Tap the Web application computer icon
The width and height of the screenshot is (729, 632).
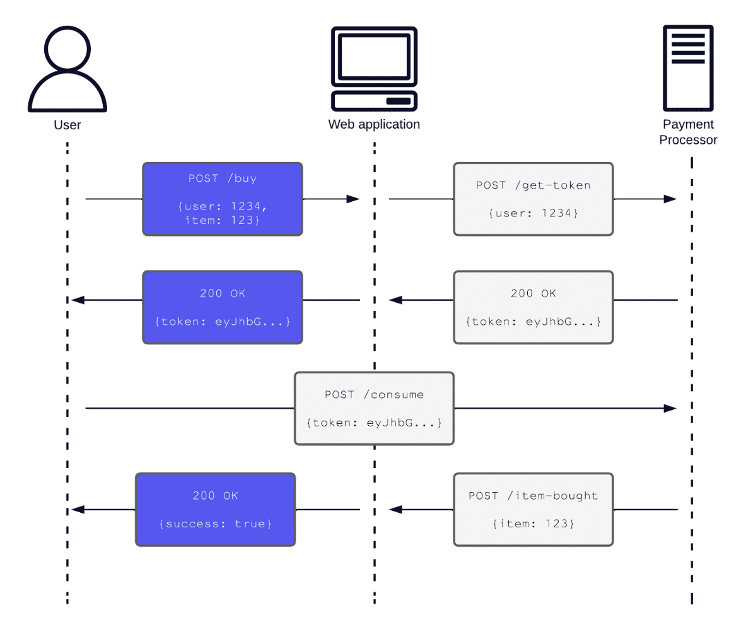[374, 69]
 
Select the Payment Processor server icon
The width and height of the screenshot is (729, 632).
[688, 68]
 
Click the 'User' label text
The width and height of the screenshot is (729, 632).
[67, 125]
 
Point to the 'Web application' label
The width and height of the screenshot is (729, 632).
[374, 125]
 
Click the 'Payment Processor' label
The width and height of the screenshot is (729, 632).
[688, 132]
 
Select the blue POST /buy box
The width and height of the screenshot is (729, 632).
[223, 199]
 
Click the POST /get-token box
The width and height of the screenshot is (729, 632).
[534, 199]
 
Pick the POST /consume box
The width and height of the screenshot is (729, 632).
[374, 408]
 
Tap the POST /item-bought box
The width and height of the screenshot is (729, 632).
[534, 510]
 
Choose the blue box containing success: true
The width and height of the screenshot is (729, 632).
[215, 510]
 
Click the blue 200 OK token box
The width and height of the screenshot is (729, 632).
[223, 307]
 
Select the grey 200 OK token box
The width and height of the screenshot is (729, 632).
[534, 307]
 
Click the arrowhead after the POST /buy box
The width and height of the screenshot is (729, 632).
[353, 199]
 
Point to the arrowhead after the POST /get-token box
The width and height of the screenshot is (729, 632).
[670, 199]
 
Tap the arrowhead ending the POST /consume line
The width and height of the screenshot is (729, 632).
[670, 408]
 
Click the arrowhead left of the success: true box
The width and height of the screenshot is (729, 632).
[78, 510]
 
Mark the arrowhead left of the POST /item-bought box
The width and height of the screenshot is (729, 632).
[395, 510]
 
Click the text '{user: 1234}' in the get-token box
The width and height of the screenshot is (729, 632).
[534, 213]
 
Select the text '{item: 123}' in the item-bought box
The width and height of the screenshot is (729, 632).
[534, 524]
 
